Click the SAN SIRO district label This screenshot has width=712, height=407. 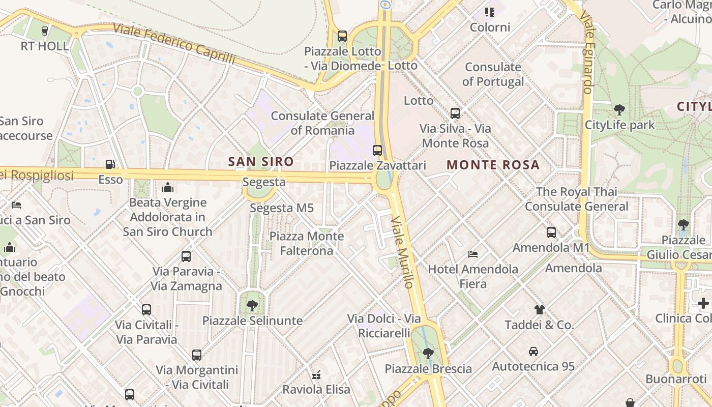coord(261,162)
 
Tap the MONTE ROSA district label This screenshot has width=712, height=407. coord(493,165)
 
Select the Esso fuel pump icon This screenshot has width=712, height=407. coord(110,164)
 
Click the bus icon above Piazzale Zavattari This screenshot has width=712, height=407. coord(377,150)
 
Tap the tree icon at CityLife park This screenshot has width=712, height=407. coord(619,109)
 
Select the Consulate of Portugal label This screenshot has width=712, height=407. coord(493,74)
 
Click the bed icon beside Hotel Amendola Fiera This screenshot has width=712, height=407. coord(473,254)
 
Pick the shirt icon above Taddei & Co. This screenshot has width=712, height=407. coord(539,309)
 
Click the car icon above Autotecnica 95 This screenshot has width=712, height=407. coord(533,351)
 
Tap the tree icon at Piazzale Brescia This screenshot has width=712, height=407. coord(428,353)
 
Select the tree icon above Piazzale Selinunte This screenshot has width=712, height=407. coord(252,305)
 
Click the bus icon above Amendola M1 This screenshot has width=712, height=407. coord(551,232)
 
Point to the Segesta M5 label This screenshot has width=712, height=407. coord(282,208)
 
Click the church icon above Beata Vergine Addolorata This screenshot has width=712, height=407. coord(167,187)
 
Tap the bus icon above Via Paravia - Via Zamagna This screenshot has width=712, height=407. coord(186,256)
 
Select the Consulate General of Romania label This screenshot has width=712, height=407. coord(322,123)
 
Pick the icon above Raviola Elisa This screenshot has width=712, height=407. coord(316,375)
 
